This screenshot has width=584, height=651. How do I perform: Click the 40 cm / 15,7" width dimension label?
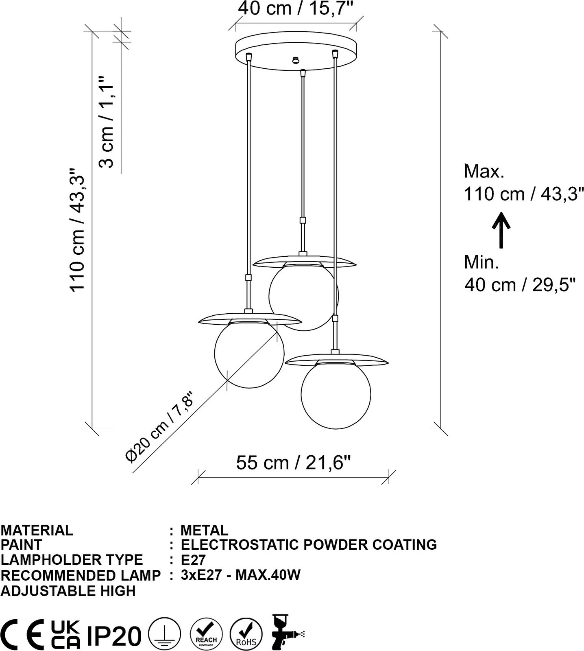tap(296, 8)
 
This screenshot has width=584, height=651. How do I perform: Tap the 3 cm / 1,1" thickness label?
tap(107, 122)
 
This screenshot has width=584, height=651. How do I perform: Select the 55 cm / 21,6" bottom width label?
tap(294, 463)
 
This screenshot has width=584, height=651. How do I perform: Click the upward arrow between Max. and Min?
tap(502, 230)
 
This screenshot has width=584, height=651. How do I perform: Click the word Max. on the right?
tap(484, 171)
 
